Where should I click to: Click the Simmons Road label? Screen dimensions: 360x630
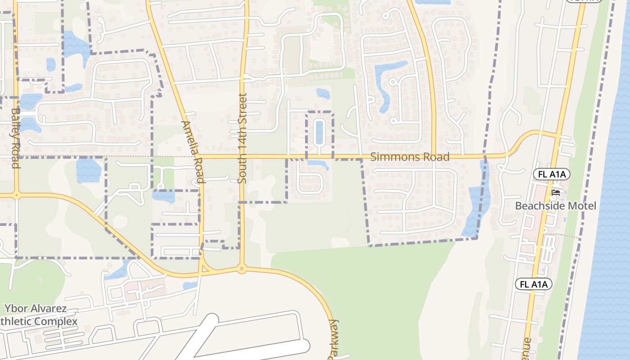(409, 157)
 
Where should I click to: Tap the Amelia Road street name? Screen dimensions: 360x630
(194, 152)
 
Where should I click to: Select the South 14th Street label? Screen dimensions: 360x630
(243, 138)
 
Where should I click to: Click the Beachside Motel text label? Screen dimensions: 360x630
(555, 206)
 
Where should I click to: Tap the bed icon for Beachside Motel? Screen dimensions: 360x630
(556, 193)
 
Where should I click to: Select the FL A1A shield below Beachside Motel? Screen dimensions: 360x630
(533, 284)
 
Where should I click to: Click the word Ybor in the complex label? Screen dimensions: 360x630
(18, 309)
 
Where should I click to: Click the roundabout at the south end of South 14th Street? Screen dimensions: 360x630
(242, 269)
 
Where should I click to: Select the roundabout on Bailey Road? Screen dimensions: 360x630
(17, 195)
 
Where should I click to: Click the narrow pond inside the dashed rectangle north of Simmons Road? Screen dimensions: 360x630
(319, 132)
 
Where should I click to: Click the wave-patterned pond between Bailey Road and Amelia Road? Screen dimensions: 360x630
(89, 170)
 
